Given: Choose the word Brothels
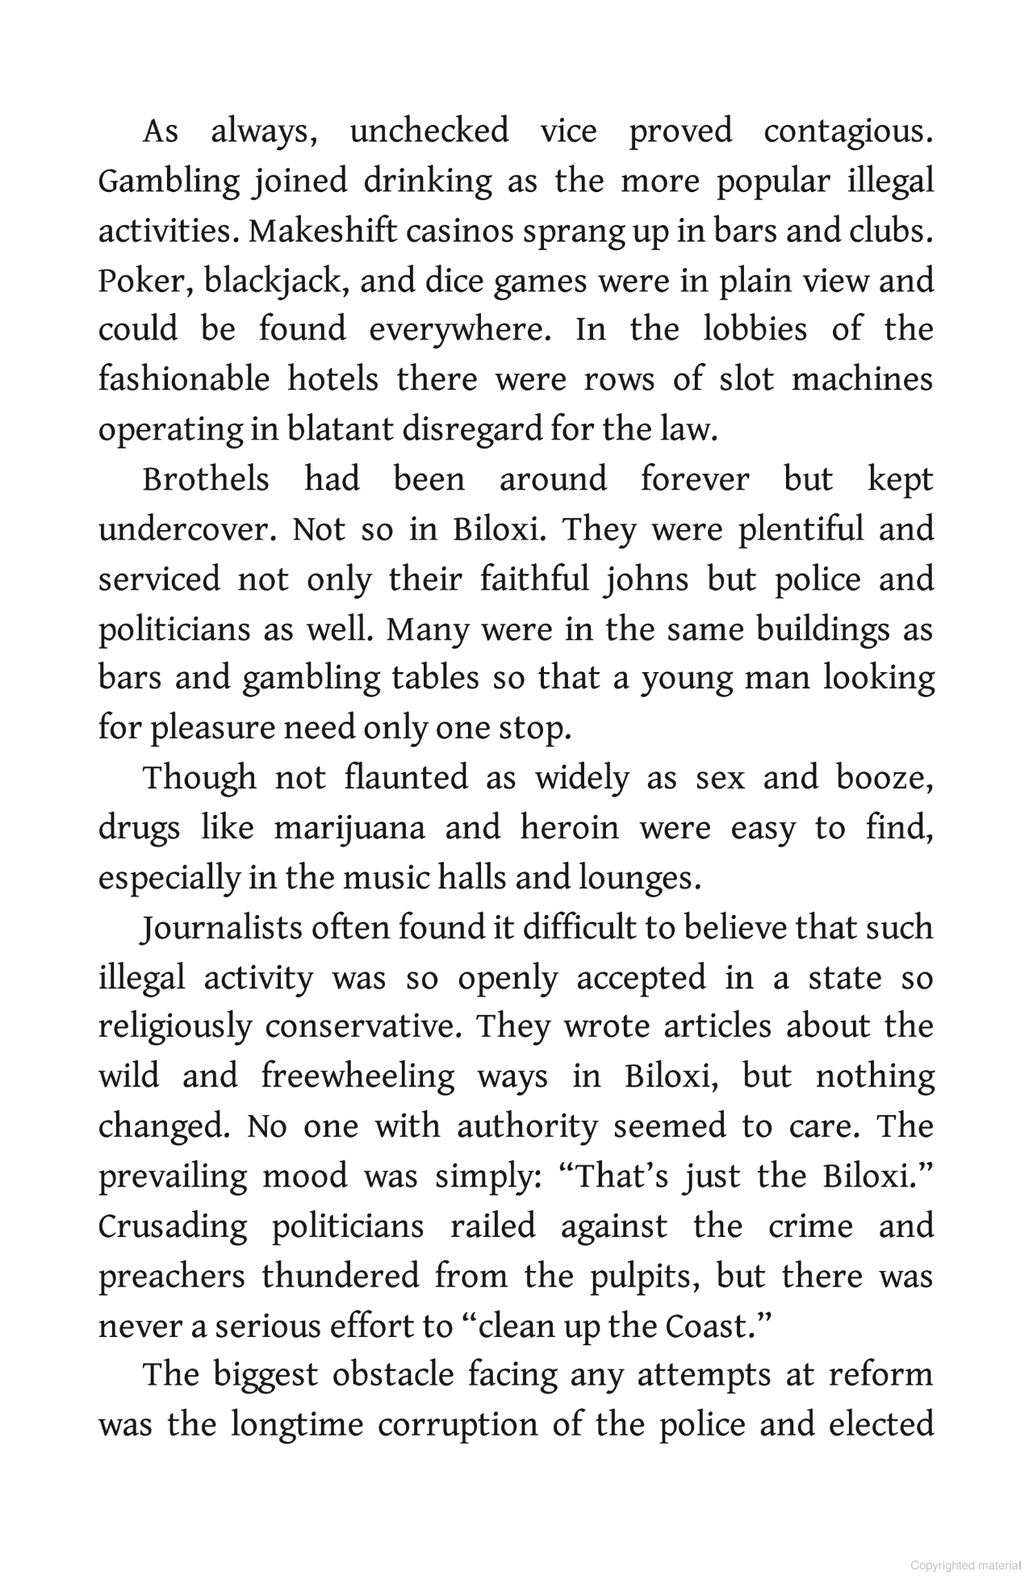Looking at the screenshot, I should pos(206,480).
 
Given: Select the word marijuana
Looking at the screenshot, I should pos(349,829).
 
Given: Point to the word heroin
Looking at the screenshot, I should pos(570,829).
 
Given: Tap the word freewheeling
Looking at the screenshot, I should pos(358,1077).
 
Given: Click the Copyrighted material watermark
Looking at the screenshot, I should pos(965,1565).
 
